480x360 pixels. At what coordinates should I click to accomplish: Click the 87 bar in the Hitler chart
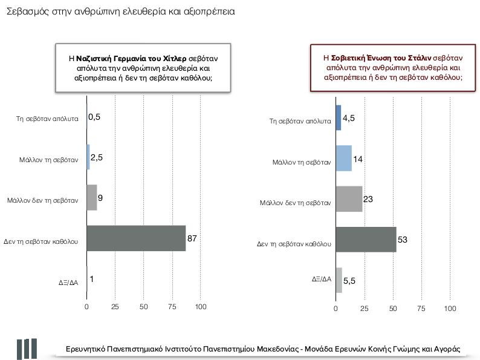[x=136, y=238]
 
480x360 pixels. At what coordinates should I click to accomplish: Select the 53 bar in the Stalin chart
[x=366, y=240]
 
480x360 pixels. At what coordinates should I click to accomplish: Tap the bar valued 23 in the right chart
[x=349, y=199]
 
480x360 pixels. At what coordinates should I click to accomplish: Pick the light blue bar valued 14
[x=343, y=159]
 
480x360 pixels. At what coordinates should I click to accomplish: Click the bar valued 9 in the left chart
[x=92, y=197]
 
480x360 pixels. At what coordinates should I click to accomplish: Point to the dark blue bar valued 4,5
[x=338, y=117]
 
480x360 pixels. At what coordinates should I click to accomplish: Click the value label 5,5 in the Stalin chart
[x=349, y=281]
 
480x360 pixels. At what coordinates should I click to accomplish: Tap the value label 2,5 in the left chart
[x=97, y=157]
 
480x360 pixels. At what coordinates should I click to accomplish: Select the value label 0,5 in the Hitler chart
[x=94, y=116]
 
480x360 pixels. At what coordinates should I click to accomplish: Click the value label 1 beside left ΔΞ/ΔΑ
[x=91, y=279]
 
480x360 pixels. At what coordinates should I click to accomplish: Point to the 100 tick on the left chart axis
[x=200, y=307]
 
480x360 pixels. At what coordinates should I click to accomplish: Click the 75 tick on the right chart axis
[x=421, y=309]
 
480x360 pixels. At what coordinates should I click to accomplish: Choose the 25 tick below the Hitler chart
[x=115, y=307]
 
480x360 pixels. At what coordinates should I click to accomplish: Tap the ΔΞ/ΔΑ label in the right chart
[x=322, y=279]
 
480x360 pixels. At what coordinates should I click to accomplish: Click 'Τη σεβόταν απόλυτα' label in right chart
[x=300, y=121]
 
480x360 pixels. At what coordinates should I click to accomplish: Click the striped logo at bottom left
[x=27, y=350]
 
